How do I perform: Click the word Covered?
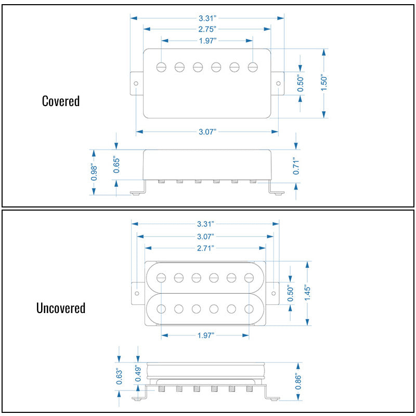click(x=61, y=101)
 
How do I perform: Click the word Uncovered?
click(x=61, y=308)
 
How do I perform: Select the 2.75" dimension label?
click(x=207, y=29)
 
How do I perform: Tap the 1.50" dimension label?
click(x=324, y=83)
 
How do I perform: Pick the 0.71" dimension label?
click(x=296, y=167)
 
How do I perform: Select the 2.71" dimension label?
click(x=205, y=249)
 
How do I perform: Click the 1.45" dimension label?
click(x=307, y=293)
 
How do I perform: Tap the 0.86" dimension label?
click(x=298, y=382)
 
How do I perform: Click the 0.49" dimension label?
click(x=138, y=373)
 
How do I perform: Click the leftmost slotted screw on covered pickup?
click(x=161, y=67)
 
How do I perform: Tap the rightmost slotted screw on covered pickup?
click(x=253, y=67)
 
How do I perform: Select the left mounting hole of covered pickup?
click(x=136, y=83)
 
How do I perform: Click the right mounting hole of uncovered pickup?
click(x=274, y=293)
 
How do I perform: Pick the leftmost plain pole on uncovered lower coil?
click(x=161, y=309)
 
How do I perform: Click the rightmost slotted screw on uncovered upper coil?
click(x=249, y=278)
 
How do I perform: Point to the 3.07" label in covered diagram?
click(x=207, y=132)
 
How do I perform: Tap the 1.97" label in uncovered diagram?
click(x=206, y=335)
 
